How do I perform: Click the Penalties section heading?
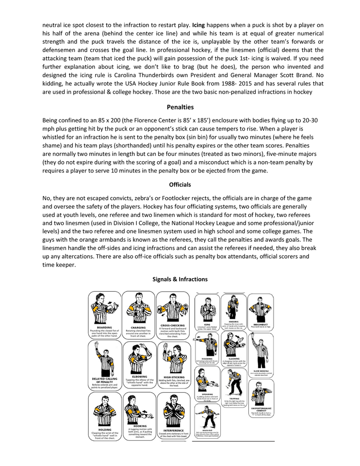click(180, 107)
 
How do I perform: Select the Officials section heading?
click(180, 185)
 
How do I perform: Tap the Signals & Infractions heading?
click(180, 279)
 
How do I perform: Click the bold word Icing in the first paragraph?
click(198, 24)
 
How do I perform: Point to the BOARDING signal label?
click(104, 327)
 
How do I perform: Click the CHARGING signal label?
click(138, 327)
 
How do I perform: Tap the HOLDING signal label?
click(104, 429)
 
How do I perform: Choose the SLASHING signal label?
click(234, 358)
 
